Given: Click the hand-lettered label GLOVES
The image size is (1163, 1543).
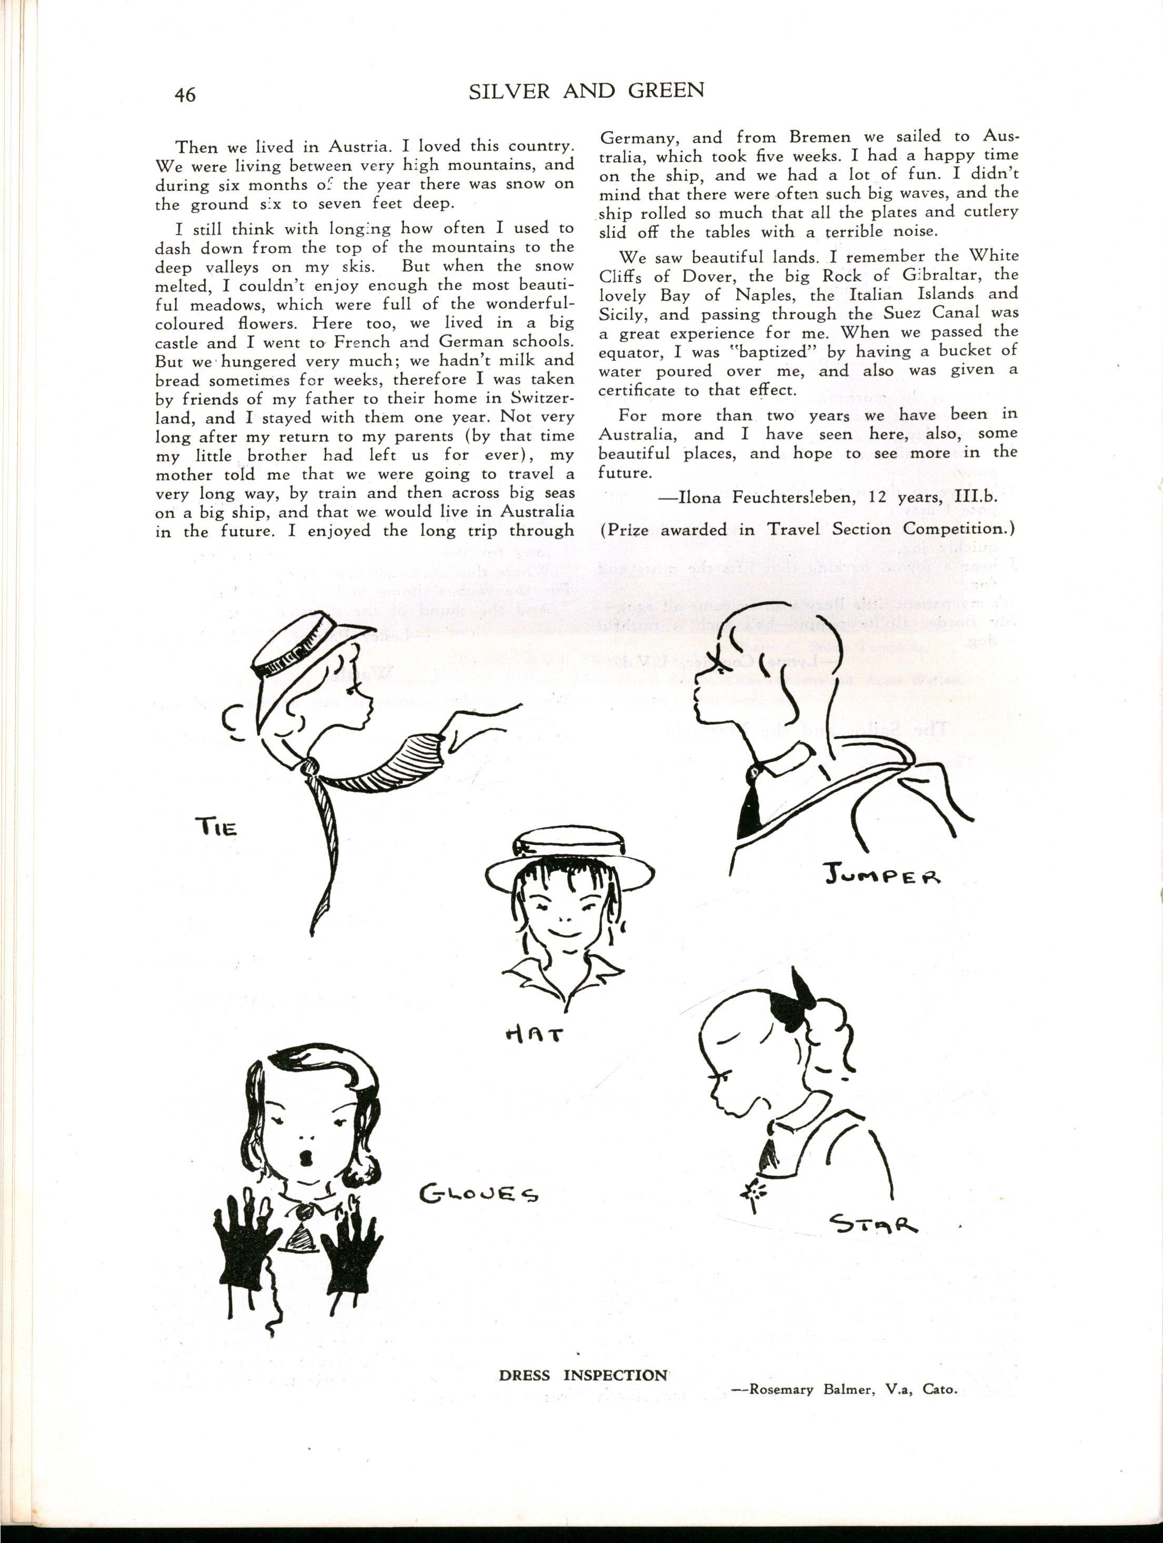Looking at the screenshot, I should (x=478, y=1194).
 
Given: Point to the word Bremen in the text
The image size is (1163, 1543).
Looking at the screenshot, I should (x=807, y=137).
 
